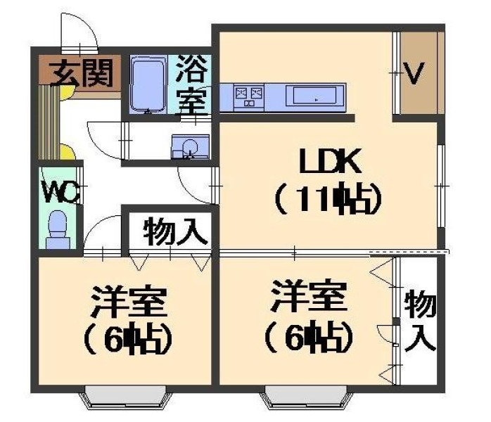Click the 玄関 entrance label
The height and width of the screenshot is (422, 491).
click(81, 73)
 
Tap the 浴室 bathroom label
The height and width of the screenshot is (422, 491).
click(191, 85)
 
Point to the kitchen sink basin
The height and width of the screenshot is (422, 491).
click(314, 96)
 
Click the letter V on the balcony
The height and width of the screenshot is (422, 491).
click(414, 73)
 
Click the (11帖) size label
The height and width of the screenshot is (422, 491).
click(329, 199)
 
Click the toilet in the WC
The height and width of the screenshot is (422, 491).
click(58, 230)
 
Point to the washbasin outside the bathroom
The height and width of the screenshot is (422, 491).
click(190, 147)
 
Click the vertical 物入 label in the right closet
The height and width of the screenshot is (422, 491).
click(420, 320)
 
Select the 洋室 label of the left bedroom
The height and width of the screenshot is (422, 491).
click(129, 302)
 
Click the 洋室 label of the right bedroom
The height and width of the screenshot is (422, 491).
click(309, 296)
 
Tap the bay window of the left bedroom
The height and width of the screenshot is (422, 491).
click(126, 397)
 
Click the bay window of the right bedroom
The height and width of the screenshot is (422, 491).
click(307, 397)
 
